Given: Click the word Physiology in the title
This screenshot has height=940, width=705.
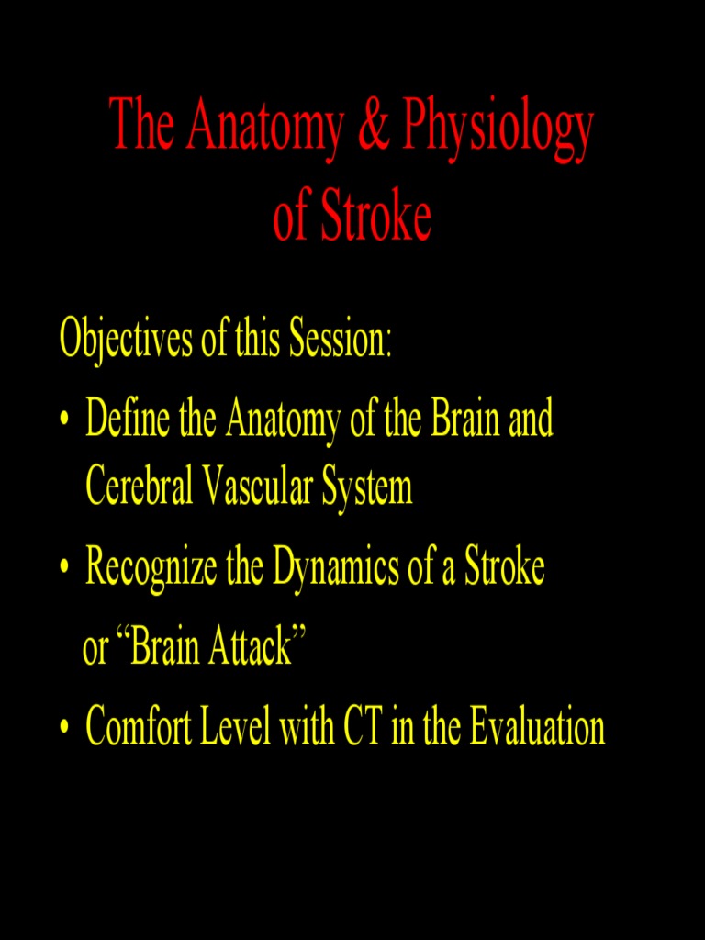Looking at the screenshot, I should pos(497,129).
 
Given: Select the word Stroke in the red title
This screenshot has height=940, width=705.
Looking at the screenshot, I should pos(375,218).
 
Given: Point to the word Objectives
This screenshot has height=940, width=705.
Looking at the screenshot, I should pos(126,339).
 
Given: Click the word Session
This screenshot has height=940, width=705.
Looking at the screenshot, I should pos(341,339).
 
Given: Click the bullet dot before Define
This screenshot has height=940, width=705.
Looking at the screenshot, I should pos(64,421).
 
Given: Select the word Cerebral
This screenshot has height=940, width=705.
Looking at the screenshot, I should pos(139,487).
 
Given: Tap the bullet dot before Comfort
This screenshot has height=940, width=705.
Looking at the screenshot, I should pos(64,729).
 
